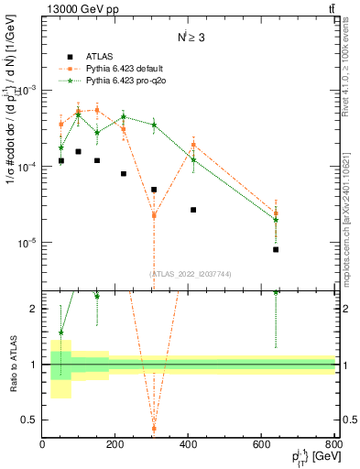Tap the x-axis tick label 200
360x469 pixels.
click(115, 446)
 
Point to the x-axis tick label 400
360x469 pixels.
click(189, 446)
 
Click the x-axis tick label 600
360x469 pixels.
click(262, 446)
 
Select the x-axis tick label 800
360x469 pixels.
click(333, 446)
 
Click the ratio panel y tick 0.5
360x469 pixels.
click(30, 420)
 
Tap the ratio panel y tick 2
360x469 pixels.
click(33, 309)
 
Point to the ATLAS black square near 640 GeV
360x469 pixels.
click(276, 249)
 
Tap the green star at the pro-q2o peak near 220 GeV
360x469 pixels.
click(124, 117)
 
